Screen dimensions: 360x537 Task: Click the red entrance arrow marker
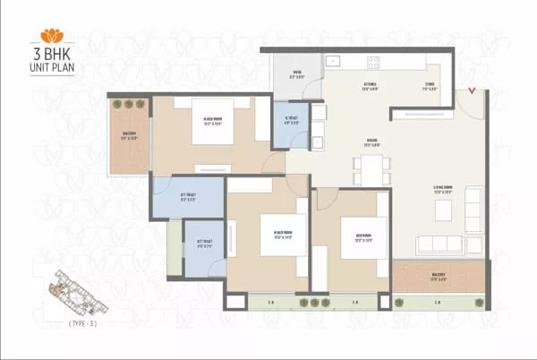[472, 92]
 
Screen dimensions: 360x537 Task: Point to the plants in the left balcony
[129, 105]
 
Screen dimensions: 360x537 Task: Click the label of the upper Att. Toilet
[188, 199]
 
